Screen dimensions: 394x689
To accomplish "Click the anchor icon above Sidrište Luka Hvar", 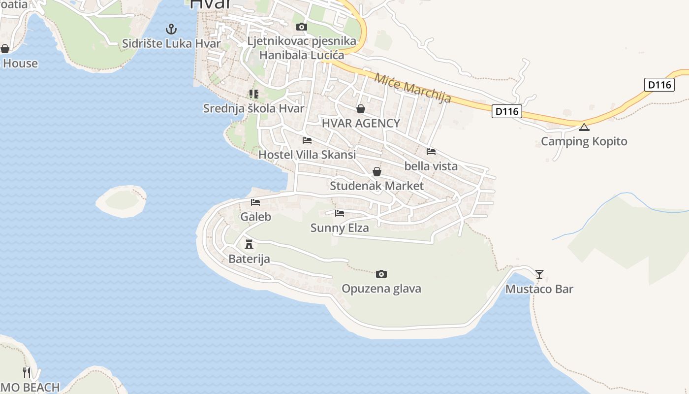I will (x=171, y=29).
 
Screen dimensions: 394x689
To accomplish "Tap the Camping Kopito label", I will (x=584, y=141).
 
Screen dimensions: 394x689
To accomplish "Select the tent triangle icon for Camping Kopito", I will (x=584, y=128).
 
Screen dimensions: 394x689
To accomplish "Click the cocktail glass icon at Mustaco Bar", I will (x=539, y=274).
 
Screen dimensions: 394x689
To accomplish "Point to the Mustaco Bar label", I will (x=539, y=289).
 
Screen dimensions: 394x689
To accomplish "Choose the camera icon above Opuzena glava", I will (x=381, y=274).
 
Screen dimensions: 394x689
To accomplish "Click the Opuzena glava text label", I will (x=381, y=288).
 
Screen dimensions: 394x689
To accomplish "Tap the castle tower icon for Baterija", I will (x=249, y=244).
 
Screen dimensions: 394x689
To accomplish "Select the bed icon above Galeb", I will (x=255, y=202).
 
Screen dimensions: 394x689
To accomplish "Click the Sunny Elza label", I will (x=340, y=228).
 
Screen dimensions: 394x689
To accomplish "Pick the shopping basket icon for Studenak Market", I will (x=376, y=171).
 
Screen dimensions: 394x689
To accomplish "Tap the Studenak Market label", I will (x=376, y=186).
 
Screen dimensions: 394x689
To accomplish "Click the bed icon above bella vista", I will (x=431, y=152).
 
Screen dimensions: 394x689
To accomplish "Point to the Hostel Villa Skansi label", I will (x=307, y=155).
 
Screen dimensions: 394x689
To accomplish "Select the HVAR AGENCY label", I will (x=361, y=123).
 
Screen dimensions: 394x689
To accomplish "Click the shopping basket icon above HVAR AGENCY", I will (x=361, y=109).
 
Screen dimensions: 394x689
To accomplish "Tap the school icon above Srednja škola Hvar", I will (x=253, y=94).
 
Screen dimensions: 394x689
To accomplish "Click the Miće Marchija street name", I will (x=412, y=88).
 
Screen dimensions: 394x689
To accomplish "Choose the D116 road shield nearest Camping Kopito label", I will (x=506, y=111).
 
